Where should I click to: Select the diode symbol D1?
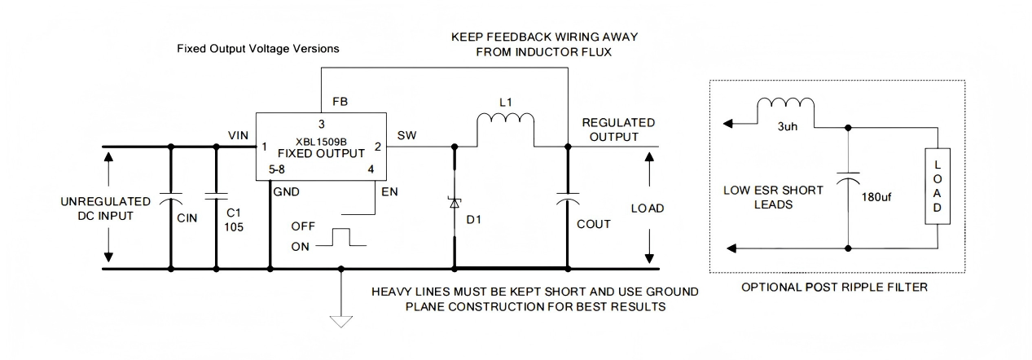coord(455,202)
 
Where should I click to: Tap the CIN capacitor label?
coord(187,218)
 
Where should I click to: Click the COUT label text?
coord(594,224)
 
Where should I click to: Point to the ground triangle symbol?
coord(341,321)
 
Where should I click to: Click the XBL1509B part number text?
coord(321,142)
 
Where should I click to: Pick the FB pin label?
coord(340,102)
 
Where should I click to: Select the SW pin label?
coord(406,135)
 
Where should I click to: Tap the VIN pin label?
coord(238,135)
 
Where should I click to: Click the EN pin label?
coord(390,191)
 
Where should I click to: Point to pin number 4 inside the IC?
coord(371,169)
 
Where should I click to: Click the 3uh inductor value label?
coord(788,127)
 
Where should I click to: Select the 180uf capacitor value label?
coord(876,197)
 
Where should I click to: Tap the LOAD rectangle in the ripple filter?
coord(938,187)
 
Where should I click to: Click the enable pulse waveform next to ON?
coord(341,237)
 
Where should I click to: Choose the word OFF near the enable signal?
coord(303,226)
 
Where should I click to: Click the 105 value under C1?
coord(234,227)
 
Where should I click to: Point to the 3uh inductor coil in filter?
coord(786,103)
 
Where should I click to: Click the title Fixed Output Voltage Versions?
coord(258,49)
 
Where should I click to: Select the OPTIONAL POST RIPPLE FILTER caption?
coord(834,288)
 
